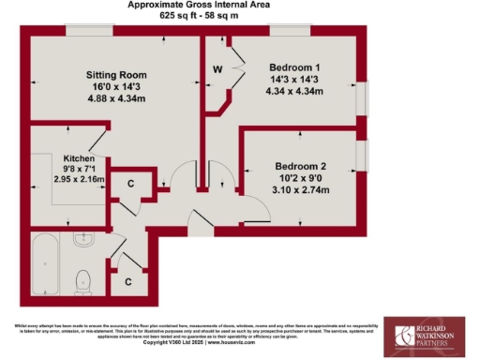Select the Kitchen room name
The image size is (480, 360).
[x=79, y=158]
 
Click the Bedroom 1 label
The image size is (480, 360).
[x=295, y=68]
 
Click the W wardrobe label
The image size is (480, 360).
[x=217, y=69]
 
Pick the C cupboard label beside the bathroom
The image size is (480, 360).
[x=127, y=280]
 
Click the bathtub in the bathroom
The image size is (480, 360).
[x=46, y=264]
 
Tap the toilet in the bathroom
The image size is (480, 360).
[x=82, y=278]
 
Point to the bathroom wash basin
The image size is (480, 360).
[x=82, y=240]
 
